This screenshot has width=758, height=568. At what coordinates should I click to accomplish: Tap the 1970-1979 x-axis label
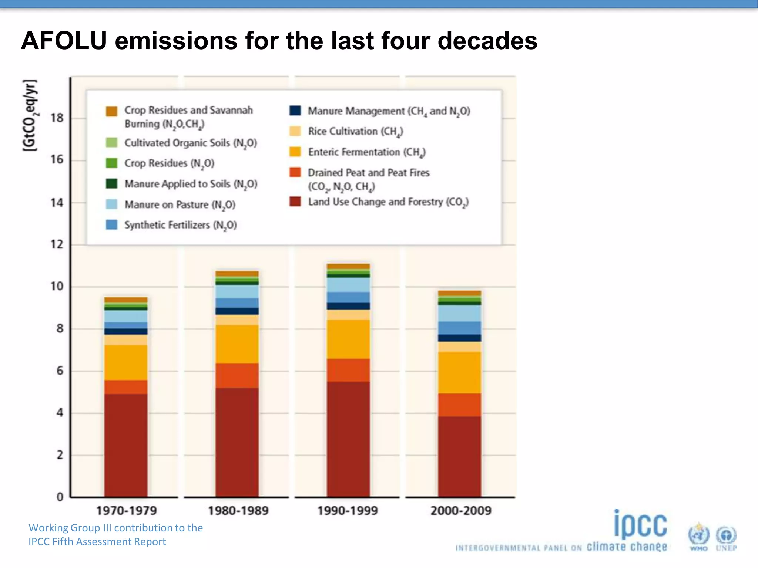pos(127,511)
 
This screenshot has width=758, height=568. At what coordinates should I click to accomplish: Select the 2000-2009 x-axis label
pos(461,511)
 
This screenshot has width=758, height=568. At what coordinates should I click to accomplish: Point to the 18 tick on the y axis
pos(57,118)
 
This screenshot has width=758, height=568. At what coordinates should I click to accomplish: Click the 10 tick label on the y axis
pos(57,286)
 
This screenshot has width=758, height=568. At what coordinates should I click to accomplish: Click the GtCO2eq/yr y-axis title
pos(30,115)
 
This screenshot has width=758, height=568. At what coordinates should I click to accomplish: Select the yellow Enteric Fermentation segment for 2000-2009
pos(460,372)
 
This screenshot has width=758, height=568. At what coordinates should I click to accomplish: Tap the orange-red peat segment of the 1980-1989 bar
pos(237,375)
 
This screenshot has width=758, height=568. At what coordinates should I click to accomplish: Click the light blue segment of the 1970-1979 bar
pos(126,316)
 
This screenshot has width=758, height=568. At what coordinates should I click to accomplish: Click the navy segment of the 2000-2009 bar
pos(460,338)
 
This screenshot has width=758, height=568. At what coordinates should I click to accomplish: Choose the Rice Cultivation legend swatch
pos(295,131)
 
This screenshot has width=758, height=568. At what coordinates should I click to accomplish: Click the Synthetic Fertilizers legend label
pos(180,225)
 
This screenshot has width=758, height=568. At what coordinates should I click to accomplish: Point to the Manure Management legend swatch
pos(295,111)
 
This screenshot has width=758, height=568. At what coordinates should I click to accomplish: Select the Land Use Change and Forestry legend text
pos(388,202)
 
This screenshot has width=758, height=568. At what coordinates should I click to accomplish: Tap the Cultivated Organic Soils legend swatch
pos(111,143)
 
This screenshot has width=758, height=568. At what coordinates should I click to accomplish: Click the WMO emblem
pos(698,536)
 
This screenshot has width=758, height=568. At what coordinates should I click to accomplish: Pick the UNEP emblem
pos(726,537)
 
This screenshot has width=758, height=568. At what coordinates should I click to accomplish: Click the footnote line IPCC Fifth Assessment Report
pos(97,542)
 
